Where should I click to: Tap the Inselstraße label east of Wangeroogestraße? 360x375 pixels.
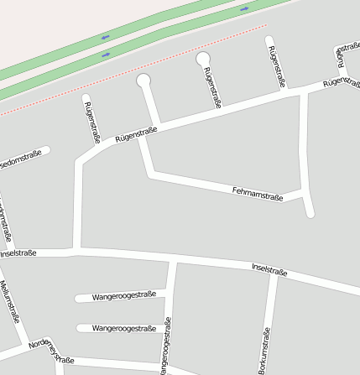(x=269, y=269)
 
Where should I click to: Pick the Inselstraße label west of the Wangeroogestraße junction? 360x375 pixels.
(x=17, y=253)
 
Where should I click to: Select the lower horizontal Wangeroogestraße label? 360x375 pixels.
(x=124, y=328)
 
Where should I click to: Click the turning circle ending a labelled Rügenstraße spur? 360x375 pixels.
(x=203, y=59)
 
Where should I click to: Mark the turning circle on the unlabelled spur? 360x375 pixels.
(x=143, y=81)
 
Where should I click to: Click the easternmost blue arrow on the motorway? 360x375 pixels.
(x=244, y=8)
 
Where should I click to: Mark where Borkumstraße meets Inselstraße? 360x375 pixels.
(x=274, y=276)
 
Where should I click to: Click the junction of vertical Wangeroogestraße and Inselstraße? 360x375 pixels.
(x=172, y=262)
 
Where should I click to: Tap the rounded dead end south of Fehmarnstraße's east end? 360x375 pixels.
(x=310, y=214)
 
